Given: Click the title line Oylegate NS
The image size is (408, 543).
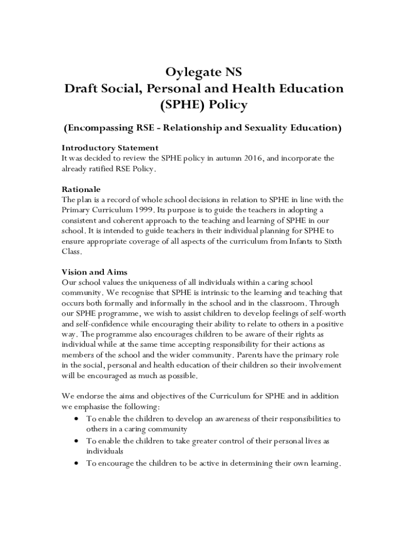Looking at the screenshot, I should [203, 72].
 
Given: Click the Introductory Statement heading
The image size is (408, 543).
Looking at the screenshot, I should [110, 147].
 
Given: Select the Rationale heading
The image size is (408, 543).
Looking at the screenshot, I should [81, 189].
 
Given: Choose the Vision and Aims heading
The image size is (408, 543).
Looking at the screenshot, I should [94, 272].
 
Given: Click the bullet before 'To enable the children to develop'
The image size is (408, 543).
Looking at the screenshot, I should [77, 419].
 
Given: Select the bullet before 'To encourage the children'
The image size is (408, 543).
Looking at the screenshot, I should [77, 463].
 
